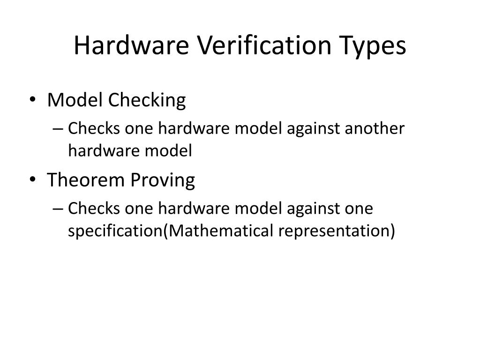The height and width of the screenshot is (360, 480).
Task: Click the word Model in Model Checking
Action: [76, 100]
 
